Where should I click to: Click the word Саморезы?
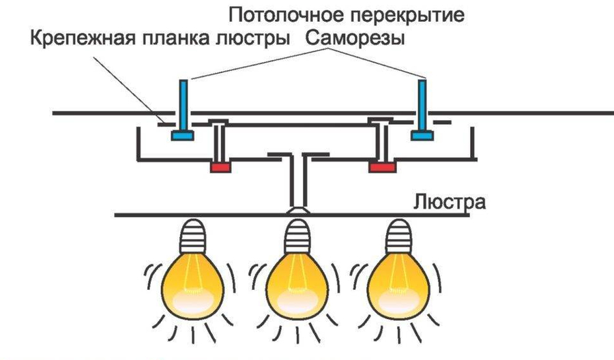coord(355,39)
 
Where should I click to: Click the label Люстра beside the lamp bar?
coord(447,202)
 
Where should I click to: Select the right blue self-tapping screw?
coord(422,109)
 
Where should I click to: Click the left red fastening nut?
coord(220,166)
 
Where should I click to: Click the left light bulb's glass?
coord(191,280)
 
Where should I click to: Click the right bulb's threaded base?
coord(396,236)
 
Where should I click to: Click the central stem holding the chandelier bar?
coord(295,181)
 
